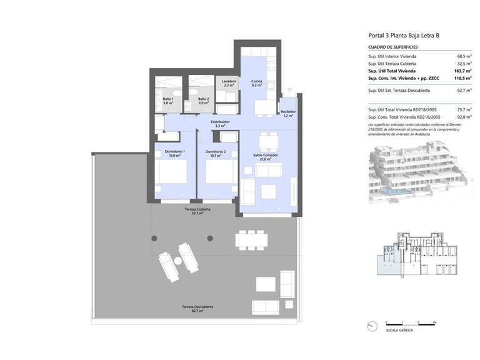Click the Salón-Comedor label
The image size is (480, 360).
(266, 156)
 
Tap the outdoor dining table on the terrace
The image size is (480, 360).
(251, 239)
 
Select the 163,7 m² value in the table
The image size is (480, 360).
(463, 71)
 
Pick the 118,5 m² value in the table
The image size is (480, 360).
(463, 79)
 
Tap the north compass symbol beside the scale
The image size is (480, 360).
(372, 325)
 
